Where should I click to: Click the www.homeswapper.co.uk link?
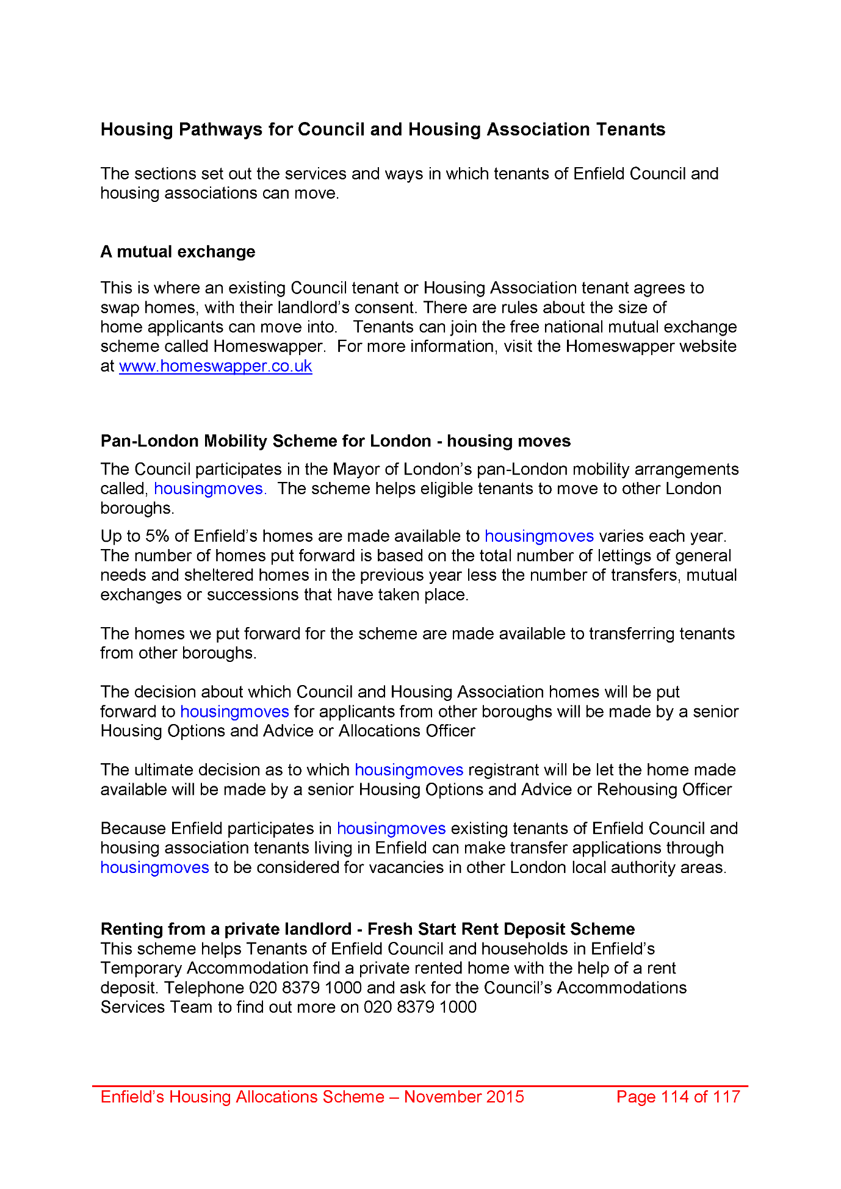[x=215, y=366]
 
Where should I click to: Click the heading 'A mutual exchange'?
[x=178, y=251]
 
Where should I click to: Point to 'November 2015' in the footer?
[x=464, y=1096]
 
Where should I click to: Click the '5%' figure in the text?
[x=157, y=536]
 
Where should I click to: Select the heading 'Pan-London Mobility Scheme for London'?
[x=265, y=441]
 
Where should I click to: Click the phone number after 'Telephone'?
[x=305, y=988]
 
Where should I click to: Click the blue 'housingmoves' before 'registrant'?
[x=409, y=770]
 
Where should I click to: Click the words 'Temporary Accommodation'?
[x=204, y=968]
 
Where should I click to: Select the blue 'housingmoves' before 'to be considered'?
[x=155, y=868]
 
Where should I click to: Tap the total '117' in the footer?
[x=726, y=1096]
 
